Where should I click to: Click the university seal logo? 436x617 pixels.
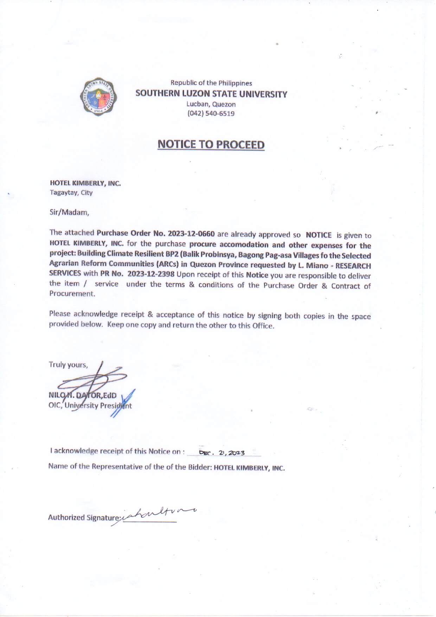pyautogui.click(x=102, y=95)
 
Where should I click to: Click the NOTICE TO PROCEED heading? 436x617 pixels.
pyautogui.click(x=211, y=145)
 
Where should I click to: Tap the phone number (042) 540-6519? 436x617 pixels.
pyautogui.click(x=211, y=113)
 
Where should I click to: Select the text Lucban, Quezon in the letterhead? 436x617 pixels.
pyautogui.click(x=211, y=104)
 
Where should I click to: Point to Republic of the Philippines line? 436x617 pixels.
pyautogui.click(x=211, y=83)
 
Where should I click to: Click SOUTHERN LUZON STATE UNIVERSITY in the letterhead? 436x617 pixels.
pyautogui.click(x=211, y=94)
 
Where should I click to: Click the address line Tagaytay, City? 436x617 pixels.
pyautogui.click(x=71, y=192)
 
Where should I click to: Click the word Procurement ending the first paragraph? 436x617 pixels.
pyautogui.click(x=72, y=294)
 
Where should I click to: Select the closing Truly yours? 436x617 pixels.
pyautogui.click(x=68, y=364)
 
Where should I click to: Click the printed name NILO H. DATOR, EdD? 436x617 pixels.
pyautogui.click(x=83, y=395)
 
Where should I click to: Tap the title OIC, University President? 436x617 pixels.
pyautogui.click(x=90, y=406)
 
